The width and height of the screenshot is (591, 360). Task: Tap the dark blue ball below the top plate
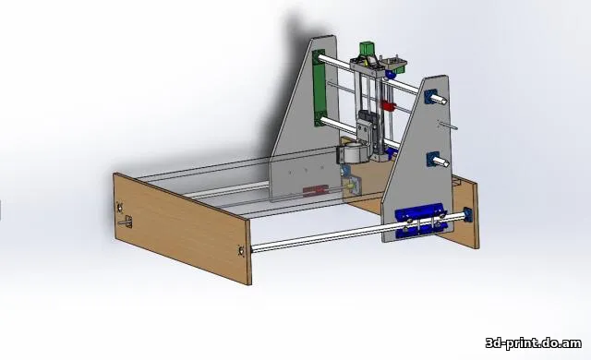point(390,74)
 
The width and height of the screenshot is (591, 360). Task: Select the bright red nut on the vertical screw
point(388,105)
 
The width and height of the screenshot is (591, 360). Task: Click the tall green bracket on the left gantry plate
point(319,89)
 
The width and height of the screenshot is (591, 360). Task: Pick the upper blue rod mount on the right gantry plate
point(430,96)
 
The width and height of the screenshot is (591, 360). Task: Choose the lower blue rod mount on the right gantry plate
point(433,159)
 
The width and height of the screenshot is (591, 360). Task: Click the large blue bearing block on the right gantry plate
point(420,221)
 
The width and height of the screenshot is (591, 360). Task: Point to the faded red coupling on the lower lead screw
point(316,190)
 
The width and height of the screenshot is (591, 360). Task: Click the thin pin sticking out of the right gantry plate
point(449,125)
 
